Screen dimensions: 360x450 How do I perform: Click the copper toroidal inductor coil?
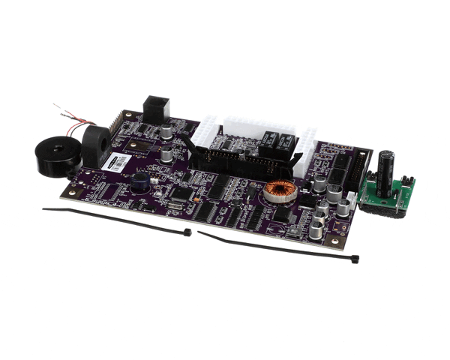point(279,192)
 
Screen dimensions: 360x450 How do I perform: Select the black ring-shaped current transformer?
point(95,145)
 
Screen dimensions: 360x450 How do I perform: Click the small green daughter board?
point(385,196)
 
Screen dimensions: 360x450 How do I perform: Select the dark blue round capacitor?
point(140,181)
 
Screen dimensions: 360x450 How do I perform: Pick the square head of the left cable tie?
point(187,232)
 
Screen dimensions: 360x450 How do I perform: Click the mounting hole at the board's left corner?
point(69,190)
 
